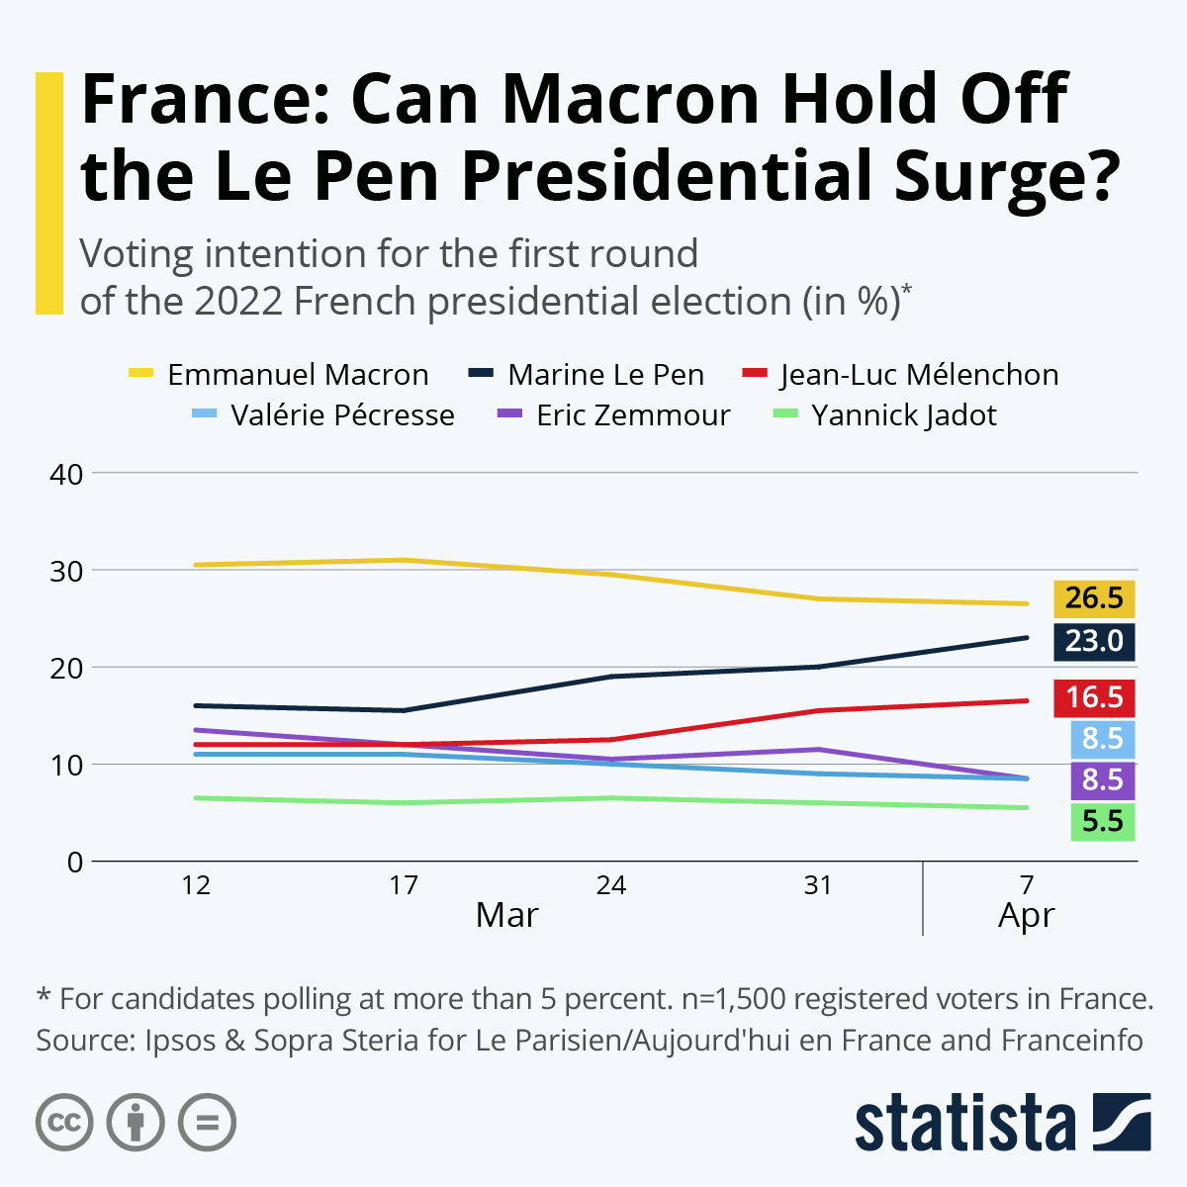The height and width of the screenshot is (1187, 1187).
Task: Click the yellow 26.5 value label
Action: (x=1093, y=598)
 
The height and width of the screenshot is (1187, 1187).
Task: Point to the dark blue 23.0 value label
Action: (x=1093, y=641)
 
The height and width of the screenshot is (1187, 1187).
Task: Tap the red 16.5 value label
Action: (x=1093, y=697)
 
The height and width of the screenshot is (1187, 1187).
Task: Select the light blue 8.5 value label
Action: (x=1102, y=739)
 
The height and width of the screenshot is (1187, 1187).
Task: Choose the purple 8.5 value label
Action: (x=1102, y=780)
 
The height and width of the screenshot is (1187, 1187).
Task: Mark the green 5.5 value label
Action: (x=1102, y=822)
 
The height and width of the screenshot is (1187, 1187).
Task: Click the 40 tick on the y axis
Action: (x=66, y=474)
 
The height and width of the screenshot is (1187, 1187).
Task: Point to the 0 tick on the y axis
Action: (x=75, y=863)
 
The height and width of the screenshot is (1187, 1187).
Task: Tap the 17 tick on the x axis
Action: (x=404, y=885)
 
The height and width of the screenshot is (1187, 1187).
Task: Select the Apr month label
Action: (x=1026, y=916)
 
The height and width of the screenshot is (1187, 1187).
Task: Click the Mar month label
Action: (x=506, y=915)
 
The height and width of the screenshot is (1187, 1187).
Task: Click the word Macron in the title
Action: (x=632, y=99)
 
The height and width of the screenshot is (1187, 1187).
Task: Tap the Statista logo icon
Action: (x=1122, y=1122)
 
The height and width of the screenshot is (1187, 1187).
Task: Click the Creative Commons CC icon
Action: (x=64, y=1123)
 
